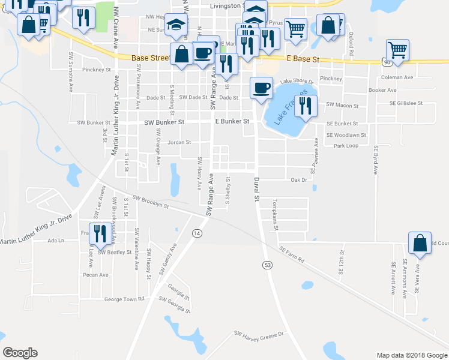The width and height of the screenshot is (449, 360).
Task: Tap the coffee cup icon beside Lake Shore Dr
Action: click(261, 88)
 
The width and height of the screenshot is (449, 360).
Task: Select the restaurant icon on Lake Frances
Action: click(306, 106)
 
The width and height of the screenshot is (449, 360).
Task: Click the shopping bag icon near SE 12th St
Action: click(420, 243)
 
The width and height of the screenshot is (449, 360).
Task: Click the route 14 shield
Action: click(196, 233)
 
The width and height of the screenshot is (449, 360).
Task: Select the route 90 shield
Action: click(385, 62)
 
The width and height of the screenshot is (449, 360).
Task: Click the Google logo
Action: click(20, 353)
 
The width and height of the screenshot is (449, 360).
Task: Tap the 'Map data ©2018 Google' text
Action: click(411, 355)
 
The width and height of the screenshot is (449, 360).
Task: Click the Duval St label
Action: click(256, 188)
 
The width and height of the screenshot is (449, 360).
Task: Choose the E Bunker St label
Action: click(232, 121)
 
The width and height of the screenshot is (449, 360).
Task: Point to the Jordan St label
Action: click(179, 143)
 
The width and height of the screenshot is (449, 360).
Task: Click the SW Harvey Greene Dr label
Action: click(258, 335)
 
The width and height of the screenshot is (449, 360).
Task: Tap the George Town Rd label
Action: click(125, 299)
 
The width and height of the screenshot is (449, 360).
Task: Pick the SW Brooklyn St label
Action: click(151, 203)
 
